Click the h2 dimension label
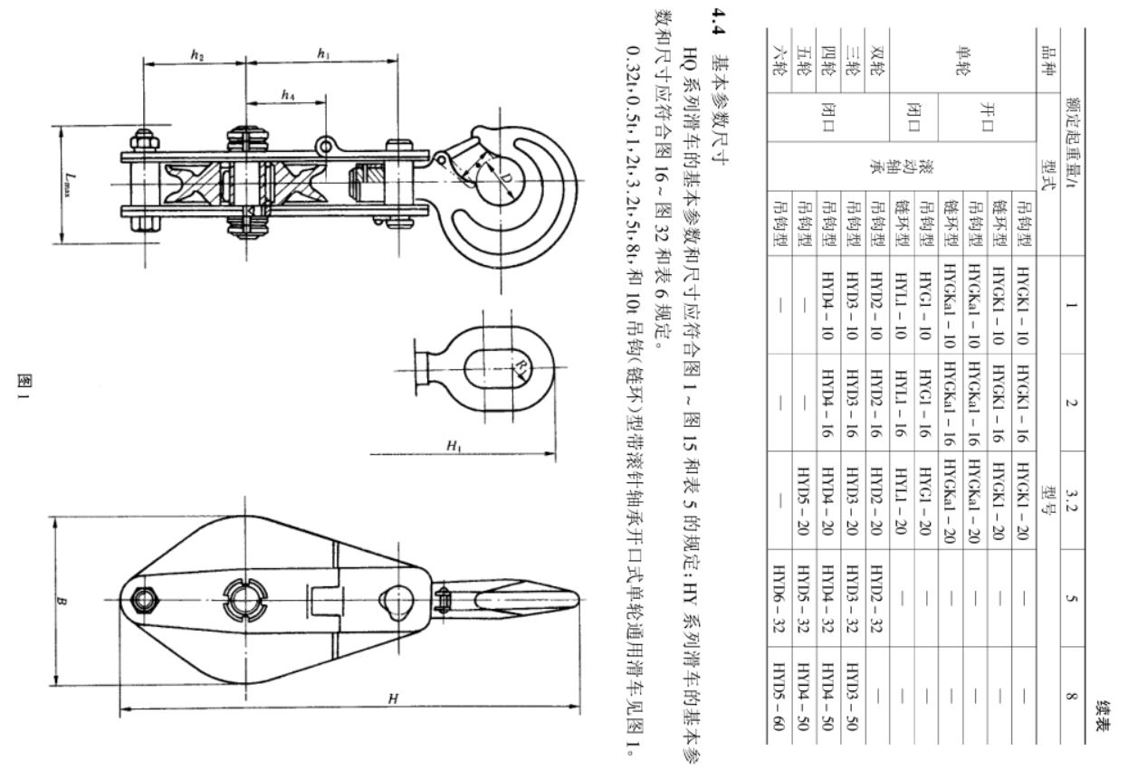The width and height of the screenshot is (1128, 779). (196, 55)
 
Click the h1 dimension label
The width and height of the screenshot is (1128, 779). (323, 54)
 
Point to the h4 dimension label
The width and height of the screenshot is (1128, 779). (288, 95)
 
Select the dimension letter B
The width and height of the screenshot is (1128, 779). (62, 601)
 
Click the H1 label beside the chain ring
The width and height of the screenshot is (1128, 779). (454, 445)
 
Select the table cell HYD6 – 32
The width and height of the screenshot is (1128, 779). (779, 598)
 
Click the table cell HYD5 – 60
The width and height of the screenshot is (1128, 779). (779, 696)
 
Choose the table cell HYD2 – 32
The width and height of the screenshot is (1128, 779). (876, 598)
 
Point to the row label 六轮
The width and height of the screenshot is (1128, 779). (779, 61)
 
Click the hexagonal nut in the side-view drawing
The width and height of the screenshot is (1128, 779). (146, 600)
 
